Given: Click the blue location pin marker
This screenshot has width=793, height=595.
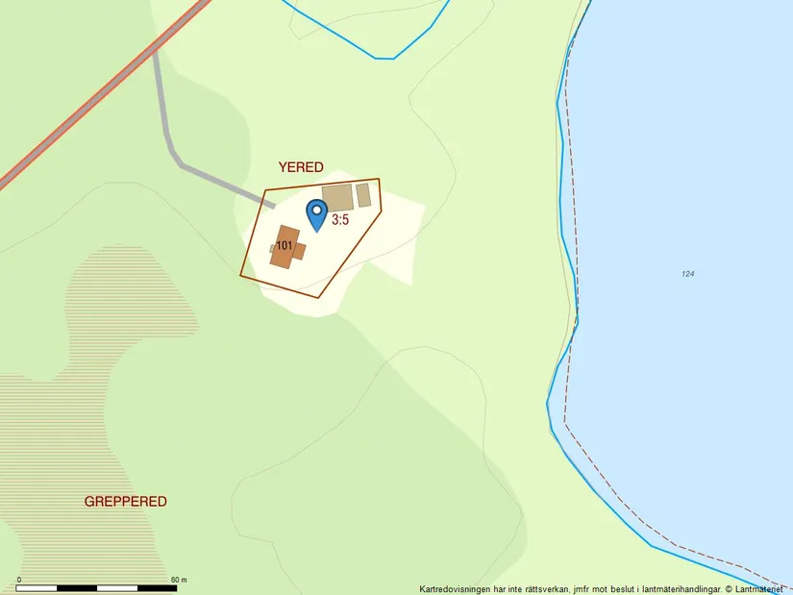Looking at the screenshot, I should [316, 213].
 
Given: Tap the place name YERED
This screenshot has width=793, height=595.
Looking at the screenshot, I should [301, 166].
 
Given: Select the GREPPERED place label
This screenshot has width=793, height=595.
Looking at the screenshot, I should [125, 501].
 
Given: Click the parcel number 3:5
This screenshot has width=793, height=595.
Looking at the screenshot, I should [340, 219].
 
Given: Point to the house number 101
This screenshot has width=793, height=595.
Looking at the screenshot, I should [284, 246].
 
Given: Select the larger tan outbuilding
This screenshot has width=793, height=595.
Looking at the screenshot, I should [337, 198].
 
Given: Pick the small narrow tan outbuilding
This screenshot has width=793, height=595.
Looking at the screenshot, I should [363, 195].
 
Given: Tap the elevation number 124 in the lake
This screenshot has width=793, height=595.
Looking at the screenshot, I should [687, 274].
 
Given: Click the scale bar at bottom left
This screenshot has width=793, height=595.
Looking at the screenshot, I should [96, 586].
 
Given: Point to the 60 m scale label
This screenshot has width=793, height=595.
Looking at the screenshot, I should [179, 580].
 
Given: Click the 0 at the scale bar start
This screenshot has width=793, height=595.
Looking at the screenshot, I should [19, 580].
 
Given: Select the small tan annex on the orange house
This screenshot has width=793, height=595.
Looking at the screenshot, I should [274, 248].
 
